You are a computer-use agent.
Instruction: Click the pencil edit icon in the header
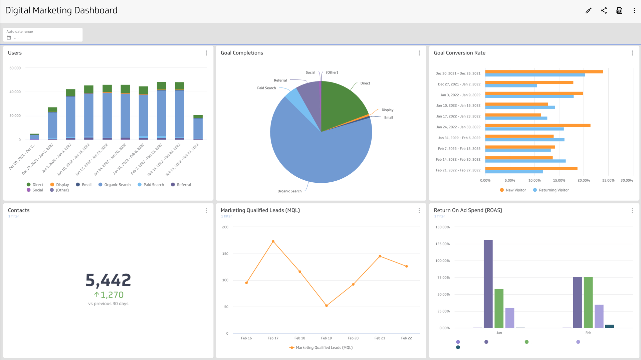click(588, 11)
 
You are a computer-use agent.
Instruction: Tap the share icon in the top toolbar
click(604, 11)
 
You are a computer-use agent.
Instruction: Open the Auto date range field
click(43, 35)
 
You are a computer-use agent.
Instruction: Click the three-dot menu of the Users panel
click(206, 53)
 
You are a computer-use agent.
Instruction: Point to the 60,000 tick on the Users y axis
click(15, 68)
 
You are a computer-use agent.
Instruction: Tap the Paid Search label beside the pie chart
click(266, 88)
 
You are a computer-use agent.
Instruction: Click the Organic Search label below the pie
click(289, 191)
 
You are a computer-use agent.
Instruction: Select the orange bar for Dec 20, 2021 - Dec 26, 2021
click(544, 72)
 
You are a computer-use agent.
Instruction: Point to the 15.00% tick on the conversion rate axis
click(559, 181)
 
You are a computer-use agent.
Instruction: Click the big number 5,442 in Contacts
click(108, 280)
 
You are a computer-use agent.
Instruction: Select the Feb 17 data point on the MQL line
click(273, 241)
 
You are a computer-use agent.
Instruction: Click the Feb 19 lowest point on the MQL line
click(327, 306)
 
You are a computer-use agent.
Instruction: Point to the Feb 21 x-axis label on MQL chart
click(380, 338)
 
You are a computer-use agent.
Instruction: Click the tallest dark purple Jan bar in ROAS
click(488, 284)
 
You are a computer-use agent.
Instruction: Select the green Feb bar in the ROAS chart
click(588, 302)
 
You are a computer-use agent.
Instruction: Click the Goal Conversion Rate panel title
click(459, 53)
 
